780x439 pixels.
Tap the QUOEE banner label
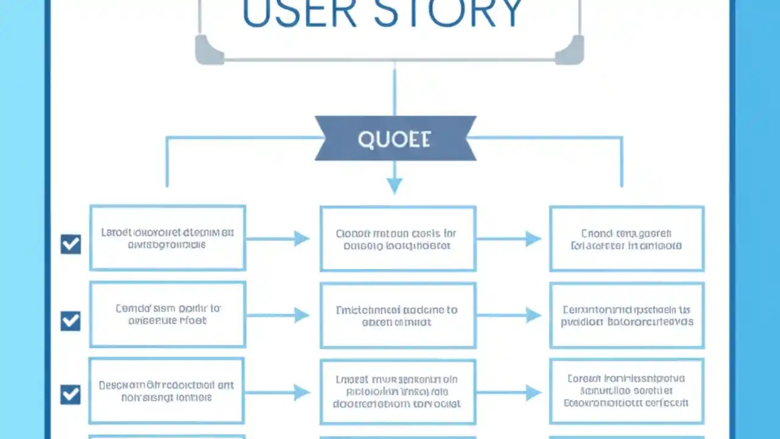tap(394, 139)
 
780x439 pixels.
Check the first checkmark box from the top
tap(71, 244)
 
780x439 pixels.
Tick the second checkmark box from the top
tap(71, 321)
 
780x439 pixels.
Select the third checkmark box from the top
tap(71, 394)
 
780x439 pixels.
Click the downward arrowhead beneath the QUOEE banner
tap(394, 185)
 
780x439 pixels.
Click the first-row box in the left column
tap(168, 238)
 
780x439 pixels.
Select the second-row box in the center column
tap(397, 315)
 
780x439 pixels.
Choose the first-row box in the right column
tap(626, 238)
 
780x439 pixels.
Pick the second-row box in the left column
tap(168, 314)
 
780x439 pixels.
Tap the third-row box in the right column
tap(626, 391)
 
